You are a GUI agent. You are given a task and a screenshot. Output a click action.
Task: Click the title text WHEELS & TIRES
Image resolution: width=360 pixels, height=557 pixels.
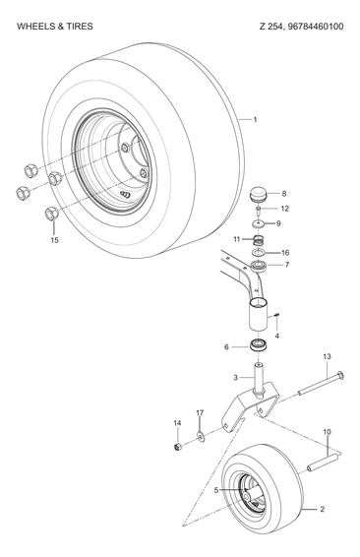[55, 26]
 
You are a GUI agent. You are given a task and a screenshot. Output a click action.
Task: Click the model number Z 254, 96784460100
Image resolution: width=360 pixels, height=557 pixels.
[290, 26]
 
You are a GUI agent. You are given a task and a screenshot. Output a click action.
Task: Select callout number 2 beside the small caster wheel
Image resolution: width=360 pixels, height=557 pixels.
[321, 509]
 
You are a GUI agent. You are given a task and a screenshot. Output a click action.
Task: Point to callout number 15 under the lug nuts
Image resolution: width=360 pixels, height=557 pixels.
[54, 240]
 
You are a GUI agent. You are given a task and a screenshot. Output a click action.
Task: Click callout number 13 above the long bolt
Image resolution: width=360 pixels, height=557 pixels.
[327, 356]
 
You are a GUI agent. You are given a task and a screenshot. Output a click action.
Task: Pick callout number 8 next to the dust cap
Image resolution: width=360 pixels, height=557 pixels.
[284, 194]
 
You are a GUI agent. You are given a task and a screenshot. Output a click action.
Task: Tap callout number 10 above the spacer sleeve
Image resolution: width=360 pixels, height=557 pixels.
[327, 431]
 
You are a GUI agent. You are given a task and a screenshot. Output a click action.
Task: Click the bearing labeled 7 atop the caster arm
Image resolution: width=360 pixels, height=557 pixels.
[259, 267]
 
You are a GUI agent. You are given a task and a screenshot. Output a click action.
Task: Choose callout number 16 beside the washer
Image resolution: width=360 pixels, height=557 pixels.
[284, 252]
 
